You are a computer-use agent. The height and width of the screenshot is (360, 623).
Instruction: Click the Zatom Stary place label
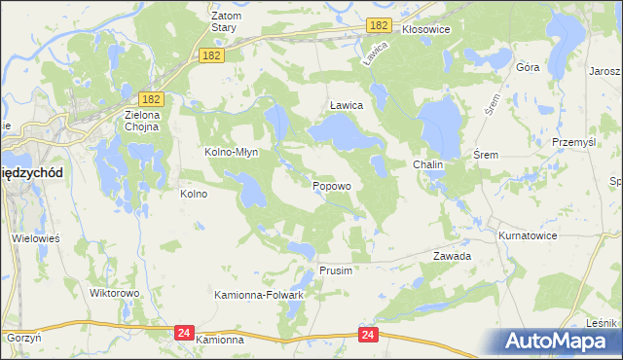[226, 22]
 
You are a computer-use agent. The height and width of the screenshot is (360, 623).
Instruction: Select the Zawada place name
[452, 256]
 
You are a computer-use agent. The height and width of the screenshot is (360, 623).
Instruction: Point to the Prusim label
[335, 270]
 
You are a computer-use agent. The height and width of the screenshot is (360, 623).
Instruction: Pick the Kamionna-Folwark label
[260, 294]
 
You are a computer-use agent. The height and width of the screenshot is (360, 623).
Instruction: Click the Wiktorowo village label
[115, 292]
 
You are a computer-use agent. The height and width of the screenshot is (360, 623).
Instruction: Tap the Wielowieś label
[37, 237]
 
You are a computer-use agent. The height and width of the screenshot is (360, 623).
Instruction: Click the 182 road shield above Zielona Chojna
[150, 99]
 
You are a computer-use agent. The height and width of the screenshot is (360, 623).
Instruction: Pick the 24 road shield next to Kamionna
[184, 333]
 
